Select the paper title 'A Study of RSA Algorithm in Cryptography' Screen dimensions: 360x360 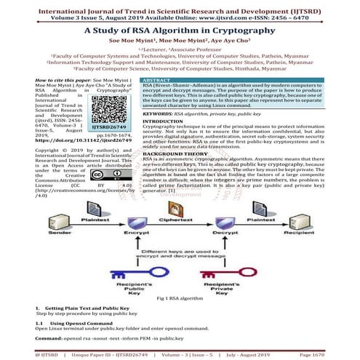[x=180, y=31]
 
